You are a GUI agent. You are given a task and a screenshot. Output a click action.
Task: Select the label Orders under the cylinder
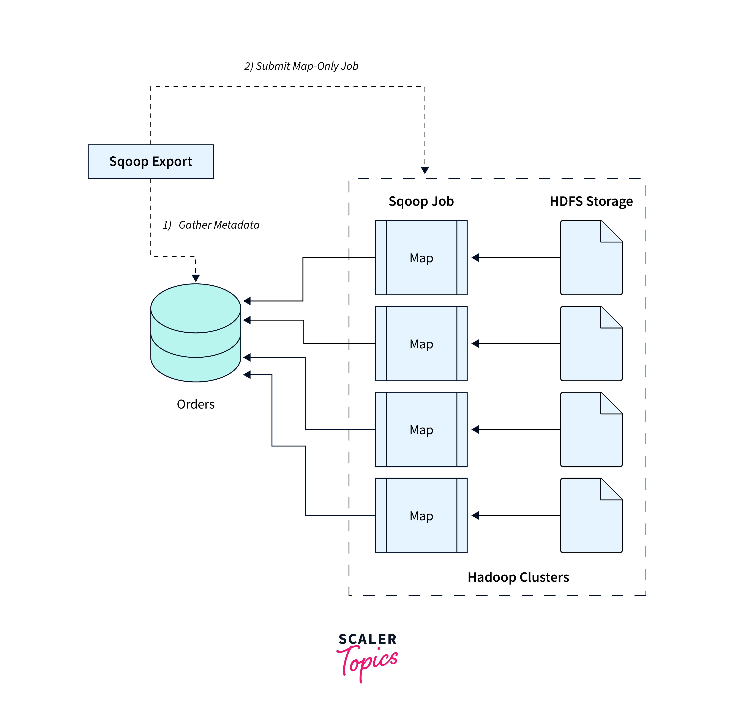click(x=196, y=404)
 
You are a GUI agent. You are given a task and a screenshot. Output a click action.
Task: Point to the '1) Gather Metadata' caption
click(x=211, y=225)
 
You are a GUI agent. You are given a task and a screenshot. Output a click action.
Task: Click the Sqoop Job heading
click(x=421, y=201)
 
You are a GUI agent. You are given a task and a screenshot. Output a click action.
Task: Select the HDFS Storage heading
click(x=591, y=201)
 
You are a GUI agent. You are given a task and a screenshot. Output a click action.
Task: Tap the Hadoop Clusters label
click(x=518, y=577)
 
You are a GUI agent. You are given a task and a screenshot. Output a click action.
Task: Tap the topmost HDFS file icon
click(x=591, y=258)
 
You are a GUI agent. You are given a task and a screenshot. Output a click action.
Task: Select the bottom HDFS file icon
click(x=591, y=515)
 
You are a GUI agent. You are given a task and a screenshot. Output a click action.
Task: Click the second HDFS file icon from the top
click(x=591, y=343)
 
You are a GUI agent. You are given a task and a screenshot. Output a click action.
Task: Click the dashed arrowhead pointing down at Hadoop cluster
click(x=425, y=170)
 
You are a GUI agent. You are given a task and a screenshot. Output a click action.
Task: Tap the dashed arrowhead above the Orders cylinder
click(x=196, y=278)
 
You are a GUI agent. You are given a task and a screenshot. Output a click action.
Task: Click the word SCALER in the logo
click(x=367, y=639)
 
